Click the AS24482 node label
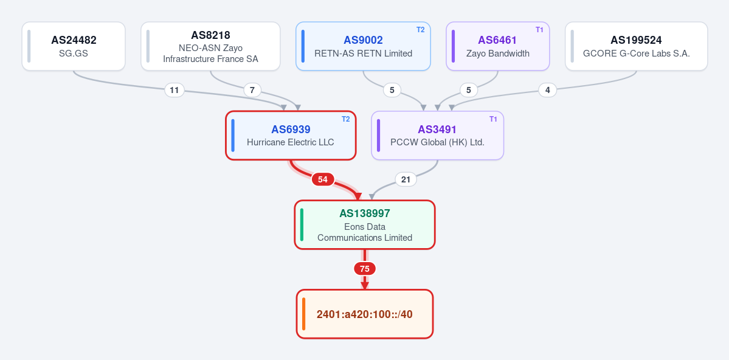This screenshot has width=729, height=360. click(x=74, y=40)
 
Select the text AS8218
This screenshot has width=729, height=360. click(x=210, y=35)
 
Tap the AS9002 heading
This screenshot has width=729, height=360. click(x=363, y=41)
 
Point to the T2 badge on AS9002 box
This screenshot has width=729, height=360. click(x=420, y=30)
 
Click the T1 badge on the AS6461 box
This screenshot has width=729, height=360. click(x=539, y=30)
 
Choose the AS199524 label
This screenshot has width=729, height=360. click(x=636, y=41)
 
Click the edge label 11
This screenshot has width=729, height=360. click(x=174, y=90)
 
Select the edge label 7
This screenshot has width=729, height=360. click(x=252, y=90)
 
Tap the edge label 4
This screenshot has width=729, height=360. click(x=548, y=90)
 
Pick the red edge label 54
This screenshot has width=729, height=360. click(x=323, y=179)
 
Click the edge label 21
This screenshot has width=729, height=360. click(x=406, y=179)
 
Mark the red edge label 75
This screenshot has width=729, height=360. click(x=365, y=268)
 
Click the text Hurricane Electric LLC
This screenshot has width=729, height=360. click(x=291, y=142)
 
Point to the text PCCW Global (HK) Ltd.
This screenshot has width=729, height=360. click(x=438, y=142)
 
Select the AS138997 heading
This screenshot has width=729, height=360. click(x=365, y=213)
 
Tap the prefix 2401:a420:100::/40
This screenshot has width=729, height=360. click(x=365, y=314)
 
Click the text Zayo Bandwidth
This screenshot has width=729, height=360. click(x=498, y=54)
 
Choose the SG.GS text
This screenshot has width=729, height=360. click(x=74, y=54)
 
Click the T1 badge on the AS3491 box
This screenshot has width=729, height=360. click(x=493, y=119)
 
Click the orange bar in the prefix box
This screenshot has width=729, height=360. click(x=303, y=314)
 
